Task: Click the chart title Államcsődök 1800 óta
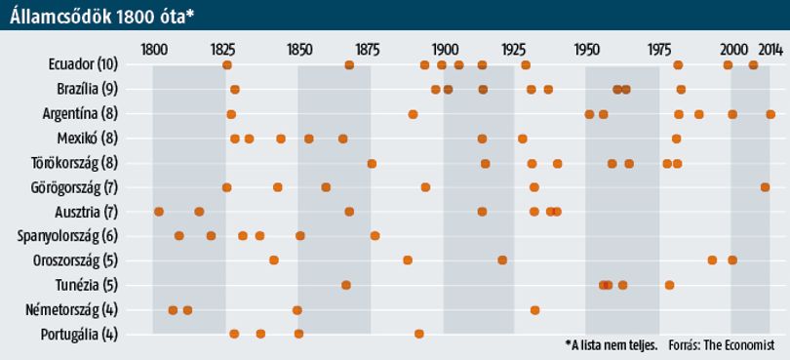point(101,16)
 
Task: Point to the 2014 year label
point(770,50)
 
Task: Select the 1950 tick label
point(585,50)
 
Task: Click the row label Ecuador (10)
point(83,65)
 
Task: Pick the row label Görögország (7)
point(74,188)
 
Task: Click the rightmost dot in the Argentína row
point(770,114)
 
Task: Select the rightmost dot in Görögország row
point(765,187)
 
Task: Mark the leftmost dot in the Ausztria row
point(159,212)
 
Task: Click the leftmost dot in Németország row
point(173,309)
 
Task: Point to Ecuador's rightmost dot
point(753,65)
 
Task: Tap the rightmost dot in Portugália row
point(419,334)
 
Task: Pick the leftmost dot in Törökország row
point(372,163)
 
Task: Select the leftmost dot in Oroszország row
point(274,260)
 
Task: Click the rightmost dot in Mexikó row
point(676,139)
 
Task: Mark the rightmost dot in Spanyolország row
point(375,236)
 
